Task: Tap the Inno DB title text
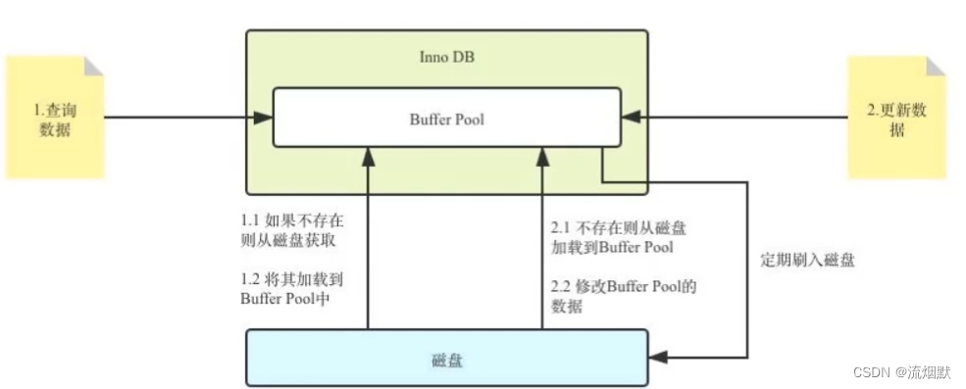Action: click(446, 56)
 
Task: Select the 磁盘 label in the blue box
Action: click(446, 360)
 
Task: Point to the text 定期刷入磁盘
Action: click(807, 261)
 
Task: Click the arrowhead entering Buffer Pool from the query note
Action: click(263, 119)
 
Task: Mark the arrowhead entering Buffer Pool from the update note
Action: click(632, 119)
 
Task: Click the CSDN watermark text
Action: click(870, 371)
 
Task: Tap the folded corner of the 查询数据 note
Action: click(93, 67)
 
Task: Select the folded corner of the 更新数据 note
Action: click(937, 67)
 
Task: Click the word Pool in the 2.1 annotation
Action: click(655, 248)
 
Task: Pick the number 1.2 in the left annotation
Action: click(252, 278)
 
